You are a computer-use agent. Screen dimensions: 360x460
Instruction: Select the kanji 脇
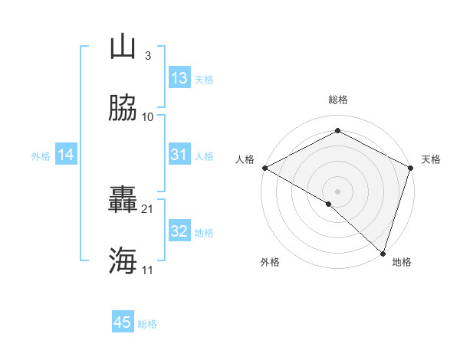point(123,110)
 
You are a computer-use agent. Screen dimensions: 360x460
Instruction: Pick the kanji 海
point(123,261)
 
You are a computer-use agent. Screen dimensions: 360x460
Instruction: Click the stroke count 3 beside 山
point(147,56)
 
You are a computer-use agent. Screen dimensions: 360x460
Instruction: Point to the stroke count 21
point(148,208)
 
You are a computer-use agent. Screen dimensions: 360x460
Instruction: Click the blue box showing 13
point(179,78)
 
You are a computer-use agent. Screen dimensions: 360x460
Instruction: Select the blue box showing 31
point(179,155)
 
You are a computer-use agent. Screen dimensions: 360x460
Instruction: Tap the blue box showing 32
point(179,231)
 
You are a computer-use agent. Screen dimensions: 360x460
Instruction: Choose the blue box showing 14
point(66,155)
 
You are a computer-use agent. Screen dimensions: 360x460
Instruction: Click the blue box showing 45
point(123,322)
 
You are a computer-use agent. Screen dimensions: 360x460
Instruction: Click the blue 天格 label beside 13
point(204,80)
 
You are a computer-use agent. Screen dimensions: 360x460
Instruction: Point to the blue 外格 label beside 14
point(41,156)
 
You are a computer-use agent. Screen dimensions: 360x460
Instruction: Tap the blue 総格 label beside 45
point(147,324)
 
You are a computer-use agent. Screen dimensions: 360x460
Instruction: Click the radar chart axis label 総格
point(337,100)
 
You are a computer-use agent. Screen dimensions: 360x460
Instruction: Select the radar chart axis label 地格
point(402,262)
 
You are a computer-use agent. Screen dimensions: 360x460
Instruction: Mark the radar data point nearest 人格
point(264,168)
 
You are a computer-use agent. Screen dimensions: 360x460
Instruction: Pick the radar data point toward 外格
point(329,204)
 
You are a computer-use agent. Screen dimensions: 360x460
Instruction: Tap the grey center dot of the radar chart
point(337,191)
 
